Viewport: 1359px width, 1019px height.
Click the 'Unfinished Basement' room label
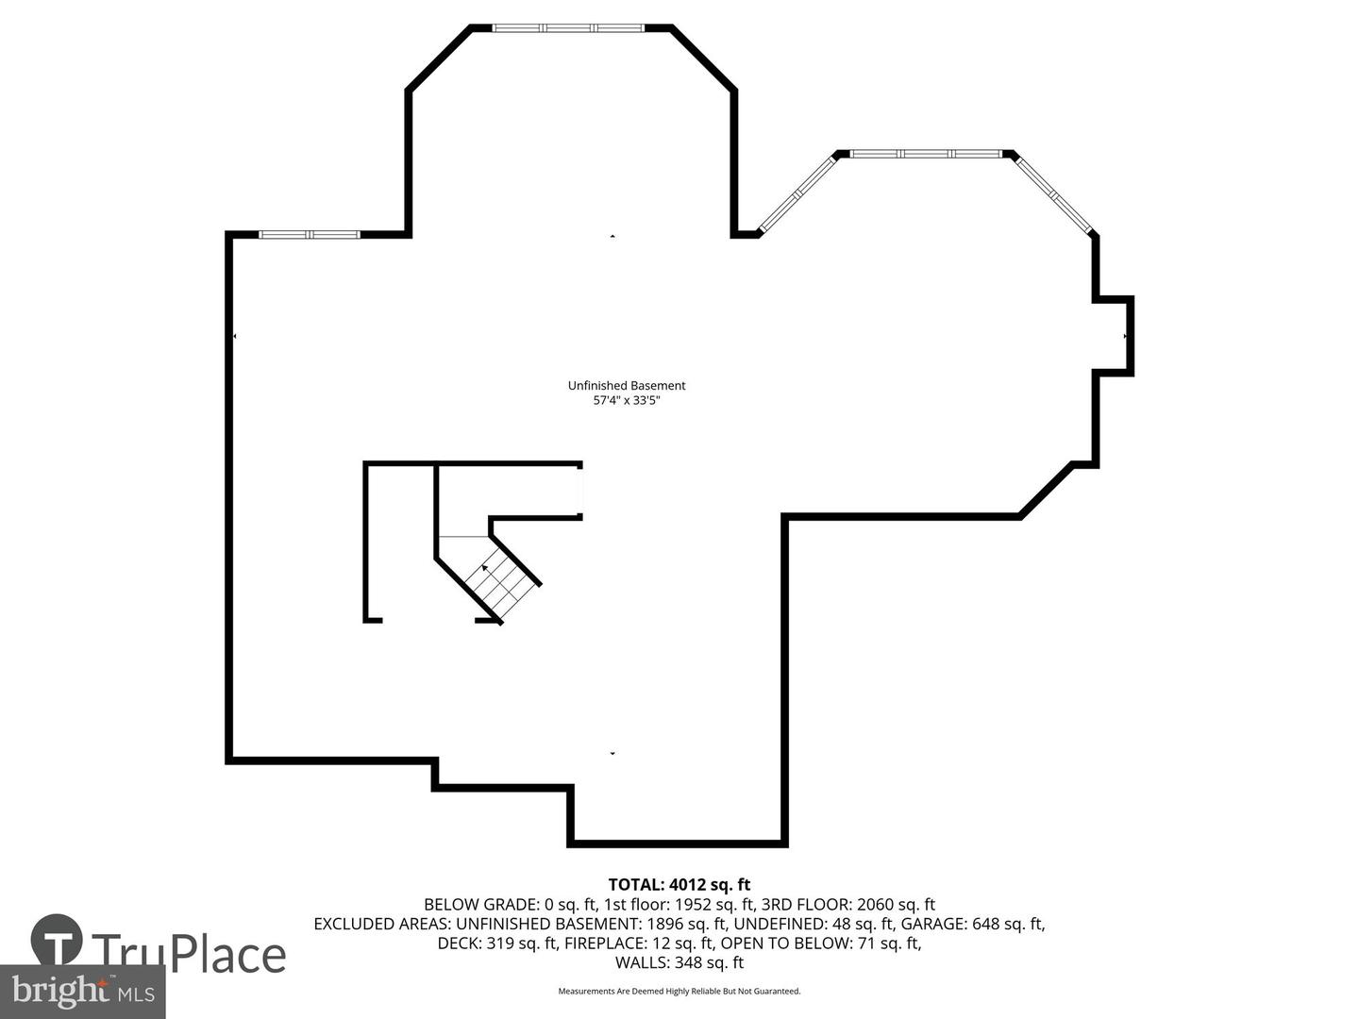(x=627, y=385)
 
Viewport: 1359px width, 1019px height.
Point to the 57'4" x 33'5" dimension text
(x=627, y=400)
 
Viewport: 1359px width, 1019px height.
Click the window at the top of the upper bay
(x=569, y=28)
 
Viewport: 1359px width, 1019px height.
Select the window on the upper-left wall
(x=310, y=234)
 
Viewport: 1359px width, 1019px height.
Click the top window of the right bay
(x=926, y=153)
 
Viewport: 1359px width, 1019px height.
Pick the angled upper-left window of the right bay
(x=797, y=193)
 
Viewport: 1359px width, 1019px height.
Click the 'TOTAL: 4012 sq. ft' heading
(x=679, y=884)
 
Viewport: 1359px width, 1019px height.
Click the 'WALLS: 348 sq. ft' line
(x=679, y=962)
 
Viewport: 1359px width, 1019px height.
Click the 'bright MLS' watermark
(x=83, y=991)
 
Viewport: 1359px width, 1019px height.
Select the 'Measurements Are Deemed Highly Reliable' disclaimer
(x=679, y=991)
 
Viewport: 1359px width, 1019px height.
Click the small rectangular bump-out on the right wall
(x=1114, y=336)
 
